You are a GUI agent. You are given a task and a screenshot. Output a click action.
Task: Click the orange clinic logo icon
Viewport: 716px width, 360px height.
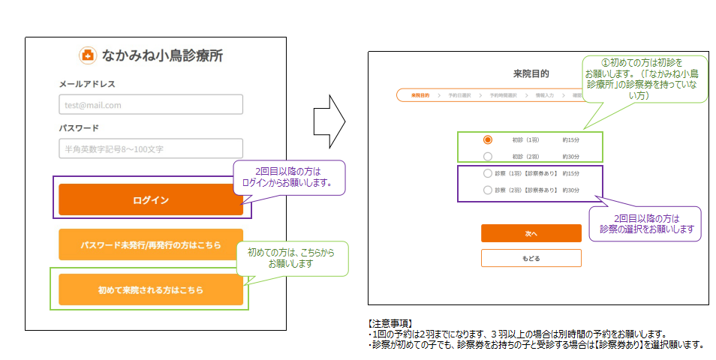[x=88, y=55]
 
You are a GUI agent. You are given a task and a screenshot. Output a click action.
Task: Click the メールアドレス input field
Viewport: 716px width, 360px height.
[x=151, y=104]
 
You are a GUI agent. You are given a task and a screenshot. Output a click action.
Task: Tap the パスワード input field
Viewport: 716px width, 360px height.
[x=151, y=148]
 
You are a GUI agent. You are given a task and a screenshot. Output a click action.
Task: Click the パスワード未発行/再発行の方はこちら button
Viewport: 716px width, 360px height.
[x=151, y=244]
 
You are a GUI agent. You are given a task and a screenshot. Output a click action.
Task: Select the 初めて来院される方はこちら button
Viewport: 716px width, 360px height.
[x=151, y=289]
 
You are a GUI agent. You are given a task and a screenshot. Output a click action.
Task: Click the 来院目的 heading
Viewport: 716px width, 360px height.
[x=531, y=73]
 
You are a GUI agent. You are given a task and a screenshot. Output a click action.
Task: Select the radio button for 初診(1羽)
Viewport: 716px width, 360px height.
[x=488, y=139]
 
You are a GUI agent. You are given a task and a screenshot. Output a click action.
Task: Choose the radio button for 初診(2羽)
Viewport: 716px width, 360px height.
[x=488, y=156]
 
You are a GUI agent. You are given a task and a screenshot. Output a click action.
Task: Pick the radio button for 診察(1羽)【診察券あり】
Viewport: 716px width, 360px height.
[x=488, y=173]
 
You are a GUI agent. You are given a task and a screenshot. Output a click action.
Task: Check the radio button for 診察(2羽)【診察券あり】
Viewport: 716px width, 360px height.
[x=488, y=190]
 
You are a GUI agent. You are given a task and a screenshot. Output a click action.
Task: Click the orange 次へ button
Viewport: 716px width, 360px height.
[x=531, y=233]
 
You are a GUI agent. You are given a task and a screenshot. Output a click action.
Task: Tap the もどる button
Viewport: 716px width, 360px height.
[x=531, y=258]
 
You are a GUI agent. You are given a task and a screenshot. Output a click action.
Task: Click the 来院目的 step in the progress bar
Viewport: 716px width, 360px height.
[x=420, y=95]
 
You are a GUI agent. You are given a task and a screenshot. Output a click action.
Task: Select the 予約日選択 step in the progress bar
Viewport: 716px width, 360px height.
[x=459, y=95]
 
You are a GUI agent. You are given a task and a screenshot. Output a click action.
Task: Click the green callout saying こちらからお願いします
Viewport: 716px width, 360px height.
[x=296, y=259]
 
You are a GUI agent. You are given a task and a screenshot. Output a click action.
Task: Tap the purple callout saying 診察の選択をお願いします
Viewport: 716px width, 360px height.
[x=646, y=223]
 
